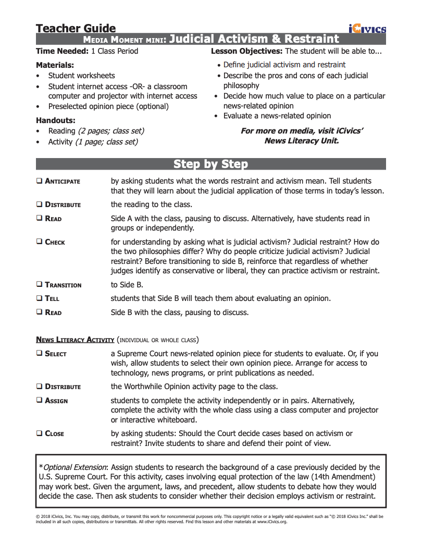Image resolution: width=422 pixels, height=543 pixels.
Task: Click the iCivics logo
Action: pyautogui.click(x=368, y=29)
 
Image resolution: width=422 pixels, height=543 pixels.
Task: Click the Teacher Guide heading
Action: pyautogui.click(x=76, y=28)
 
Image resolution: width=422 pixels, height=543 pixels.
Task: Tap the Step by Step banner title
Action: pyautogui.click(x=210, y=164)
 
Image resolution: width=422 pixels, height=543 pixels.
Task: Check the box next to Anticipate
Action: pyautogui.click(x=40, y=181)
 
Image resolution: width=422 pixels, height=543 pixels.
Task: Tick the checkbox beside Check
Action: pyautogui.click(x=40, y=242)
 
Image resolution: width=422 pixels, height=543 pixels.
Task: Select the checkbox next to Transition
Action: pyautogui.click(x=40, y=285)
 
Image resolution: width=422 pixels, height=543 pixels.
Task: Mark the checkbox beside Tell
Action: pyautogui.click(x=40, y=298)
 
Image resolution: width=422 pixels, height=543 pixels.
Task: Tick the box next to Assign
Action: pyautogui.click(x=40, y=401)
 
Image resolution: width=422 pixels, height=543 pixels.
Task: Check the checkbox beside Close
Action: pyautogui.click(x=40, y=433)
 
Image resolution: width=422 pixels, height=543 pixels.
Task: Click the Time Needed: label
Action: pyautogui.click(x=62, y=51)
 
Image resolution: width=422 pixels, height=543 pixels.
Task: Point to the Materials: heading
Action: pyautogui.click(x=55, y=65)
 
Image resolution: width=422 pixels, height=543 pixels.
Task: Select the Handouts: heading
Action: pyautogui.click(x=56, y=120)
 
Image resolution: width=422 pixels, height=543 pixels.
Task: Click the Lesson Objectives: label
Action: pyautogui.click(x=247, y=51)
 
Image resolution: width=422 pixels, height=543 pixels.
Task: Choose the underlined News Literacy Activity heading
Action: pyautogui.click(x=75, y=340)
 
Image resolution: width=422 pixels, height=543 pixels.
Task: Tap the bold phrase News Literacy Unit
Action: pyautogui.click(x=302, y=141)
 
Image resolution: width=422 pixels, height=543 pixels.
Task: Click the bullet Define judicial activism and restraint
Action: pyautogui.click(x=284, y=65)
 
